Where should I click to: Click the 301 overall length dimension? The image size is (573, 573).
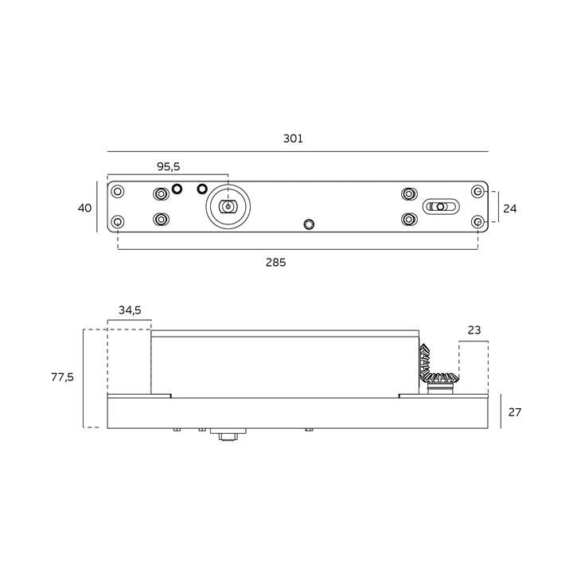(293, 138)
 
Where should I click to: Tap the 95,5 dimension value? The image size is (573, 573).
(169, 166)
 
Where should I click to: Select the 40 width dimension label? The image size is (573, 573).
(85, 208)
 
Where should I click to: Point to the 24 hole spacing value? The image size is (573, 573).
(510, 209)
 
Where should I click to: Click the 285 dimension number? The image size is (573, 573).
(276, 263)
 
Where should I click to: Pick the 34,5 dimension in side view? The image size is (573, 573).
(130, 310)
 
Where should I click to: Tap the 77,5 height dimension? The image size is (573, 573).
(63, 376)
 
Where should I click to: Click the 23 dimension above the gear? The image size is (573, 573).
(474, 330)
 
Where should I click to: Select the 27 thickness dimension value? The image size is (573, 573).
(515, 412)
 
